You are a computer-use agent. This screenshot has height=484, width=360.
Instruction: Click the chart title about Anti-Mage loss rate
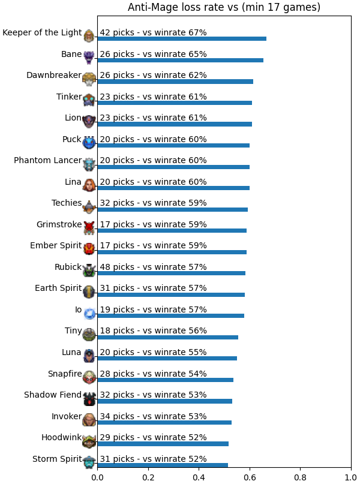224,7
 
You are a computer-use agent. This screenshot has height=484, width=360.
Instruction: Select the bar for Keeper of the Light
182,38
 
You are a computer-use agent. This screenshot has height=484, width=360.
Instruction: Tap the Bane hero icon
89,57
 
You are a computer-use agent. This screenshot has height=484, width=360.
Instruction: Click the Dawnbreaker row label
54,75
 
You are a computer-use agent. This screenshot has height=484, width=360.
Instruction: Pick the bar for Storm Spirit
163,465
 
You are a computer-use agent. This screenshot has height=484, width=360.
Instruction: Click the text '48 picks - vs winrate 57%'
153,267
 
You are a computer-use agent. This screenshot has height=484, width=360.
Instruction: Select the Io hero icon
89,314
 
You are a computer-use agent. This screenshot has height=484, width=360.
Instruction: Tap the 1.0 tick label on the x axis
351,477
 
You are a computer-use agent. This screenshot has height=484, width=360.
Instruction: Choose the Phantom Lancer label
48,160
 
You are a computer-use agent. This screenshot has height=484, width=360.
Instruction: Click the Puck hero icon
89,142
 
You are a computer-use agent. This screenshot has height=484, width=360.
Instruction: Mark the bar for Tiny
167,337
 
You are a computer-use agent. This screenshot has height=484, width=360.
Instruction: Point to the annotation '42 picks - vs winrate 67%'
153,32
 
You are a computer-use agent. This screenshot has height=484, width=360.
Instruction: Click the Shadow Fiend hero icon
89,399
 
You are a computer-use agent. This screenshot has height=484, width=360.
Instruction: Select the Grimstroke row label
59,224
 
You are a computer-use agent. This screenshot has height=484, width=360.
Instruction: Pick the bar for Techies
173,209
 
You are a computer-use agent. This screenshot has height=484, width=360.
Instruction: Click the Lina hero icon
89,185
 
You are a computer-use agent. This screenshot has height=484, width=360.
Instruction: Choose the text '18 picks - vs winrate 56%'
153,330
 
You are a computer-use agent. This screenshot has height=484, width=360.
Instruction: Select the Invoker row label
67,416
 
